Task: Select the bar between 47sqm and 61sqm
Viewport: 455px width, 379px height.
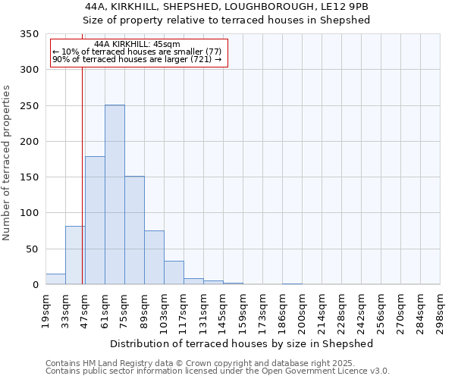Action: (x=95, y=221)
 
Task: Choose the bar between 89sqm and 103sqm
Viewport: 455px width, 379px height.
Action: (x=154, y=258)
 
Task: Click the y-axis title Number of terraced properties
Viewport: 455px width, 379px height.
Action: (x=7, y=163)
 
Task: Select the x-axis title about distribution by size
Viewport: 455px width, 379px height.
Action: (x=242, y=343)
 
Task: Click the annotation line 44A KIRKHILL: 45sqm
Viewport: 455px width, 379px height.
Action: (x=140, y=44)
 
